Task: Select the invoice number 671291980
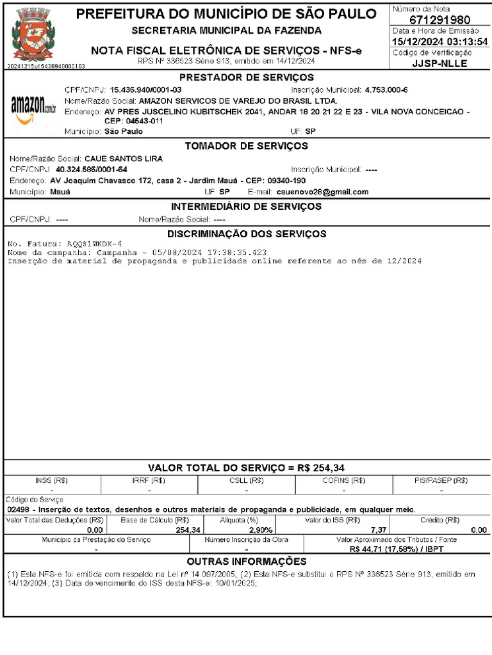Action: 439,20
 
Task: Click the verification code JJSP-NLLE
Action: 439,63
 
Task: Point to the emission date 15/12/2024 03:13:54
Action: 440,42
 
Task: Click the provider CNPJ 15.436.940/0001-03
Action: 145,90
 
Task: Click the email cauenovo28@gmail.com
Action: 322,192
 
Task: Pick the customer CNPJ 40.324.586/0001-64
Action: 92,170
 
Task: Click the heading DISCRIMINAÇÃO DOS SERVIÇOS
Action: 247,233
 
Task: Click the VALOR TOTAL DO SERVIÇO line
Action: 247,468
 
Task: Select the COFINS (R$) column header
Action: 344,480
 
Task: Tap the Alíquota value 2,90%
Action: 260,530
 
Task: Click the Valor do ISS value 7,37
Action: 379,530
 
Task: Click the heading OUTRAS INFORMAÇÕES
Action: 247,561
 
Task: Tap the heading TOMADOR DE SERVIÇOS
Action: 247,146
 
